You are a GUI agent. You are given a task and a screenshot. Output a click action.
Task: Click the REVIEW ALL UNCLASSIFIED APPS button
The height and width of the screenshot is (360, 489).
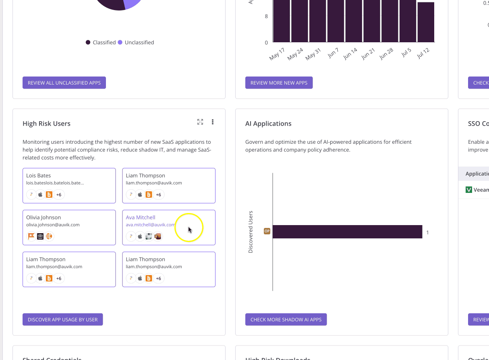64,83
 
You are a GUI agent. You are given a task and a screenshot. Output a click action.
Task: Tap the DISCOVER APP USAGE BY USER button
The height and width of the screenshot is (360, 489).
63,319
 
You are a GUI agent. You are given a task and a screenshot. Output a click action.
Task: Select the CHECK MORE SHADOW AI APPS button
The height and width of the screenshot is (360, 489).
286,319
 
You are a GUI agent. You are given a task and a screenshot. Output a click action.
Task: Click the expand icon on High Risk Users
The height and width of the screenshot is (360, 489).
200,122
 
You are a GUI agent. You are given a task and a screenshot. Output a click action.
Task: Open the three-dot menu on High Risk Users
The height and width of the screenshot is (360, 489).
213,122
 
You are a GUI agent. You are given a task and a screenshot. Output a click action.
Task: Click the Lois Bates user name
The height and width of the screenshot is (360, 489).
38,176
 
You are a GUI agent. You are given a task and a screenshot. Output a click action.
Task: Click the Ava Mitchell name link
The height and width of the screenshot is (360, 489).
141,217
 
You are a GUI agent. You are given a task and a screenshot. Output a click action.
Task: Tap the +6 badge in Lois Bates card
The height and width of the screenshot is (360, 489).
59,195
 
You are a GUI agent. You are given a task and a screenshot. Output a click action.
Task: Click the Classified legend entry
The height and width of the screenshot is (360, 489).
101,42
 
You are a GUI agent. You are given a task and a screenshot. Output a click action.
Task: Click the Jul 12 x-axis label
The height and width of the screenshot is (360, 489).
424,53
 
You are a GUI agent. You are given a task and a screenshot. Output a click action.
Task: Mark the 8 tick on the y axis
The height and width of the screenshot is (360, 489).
266,17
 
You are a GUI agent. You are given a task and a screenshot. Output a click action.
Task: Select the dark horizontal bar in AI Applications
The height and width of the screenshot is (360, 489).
347,232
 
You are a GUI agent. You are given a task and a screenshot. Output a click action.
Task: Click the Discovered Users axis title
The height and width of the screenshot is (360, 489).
251,232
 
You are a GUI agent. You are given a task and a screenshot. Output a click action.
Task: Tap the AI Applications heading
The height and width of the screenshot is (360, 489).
268,124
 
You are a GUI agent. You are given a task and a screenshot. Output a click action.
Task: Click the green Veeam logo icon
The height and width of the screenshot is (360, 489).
469,190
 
